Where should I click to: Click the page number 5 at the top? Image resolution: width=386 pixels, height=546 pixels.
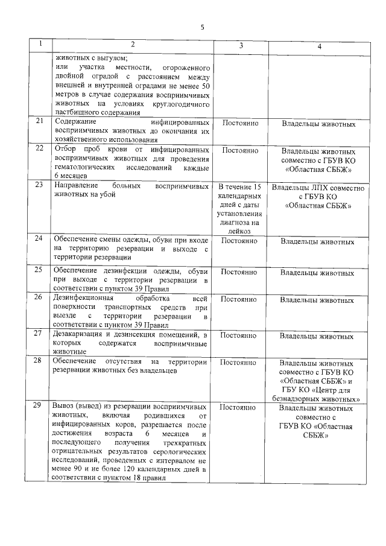click(x=203, y=27)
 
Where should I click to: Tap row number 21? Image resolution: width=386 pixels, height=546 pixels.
click(x=39, y=121)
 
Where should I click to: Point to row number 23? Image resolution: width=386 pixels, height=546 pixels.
click(x=39, y=185)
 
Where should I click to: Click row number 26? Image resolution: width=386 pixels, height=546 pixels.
click(x=39, y=297)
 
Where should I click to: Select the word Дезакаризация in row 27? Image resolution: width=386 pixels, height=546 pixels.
click(x=78, y=334)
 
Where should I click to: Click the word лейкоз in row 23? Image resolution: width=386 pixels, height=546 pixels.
click(x=240, y=230)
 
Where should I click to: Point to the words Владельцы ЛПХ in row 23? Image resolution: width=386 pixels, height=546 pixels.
click(x=299, y=188)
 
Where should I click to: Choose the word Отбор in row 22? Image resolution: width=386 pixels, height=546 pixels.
click(x=65, y=148)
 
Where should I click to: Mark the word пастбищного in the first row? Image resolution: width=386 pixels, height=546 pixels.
click(x=77, y=112)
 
